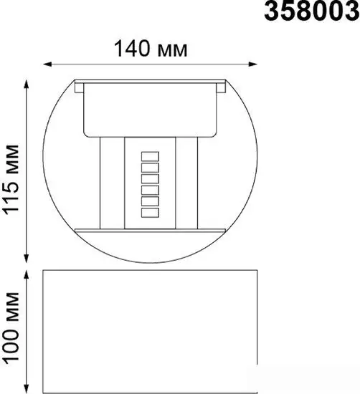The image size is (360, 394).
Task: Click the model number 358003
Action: pos(312,11)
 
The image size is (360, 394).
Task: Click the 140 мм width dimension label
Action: pos(151,49)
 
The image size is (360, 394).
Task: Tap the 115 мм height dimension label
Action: pos(11,180)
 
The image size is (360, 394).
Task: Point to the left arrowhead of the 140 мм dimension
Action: pos(47,64)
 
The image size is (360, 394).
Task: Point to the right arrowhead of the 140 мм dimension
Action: pos(253,64)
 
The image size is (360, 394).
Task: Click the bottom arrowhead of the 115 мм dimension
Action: pos(26,259)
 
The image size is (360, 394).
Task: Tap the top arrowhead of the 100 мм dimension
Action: pos(26,274)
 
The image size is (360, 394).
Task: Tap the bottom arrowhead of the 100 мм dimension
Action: pos(26,389)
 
